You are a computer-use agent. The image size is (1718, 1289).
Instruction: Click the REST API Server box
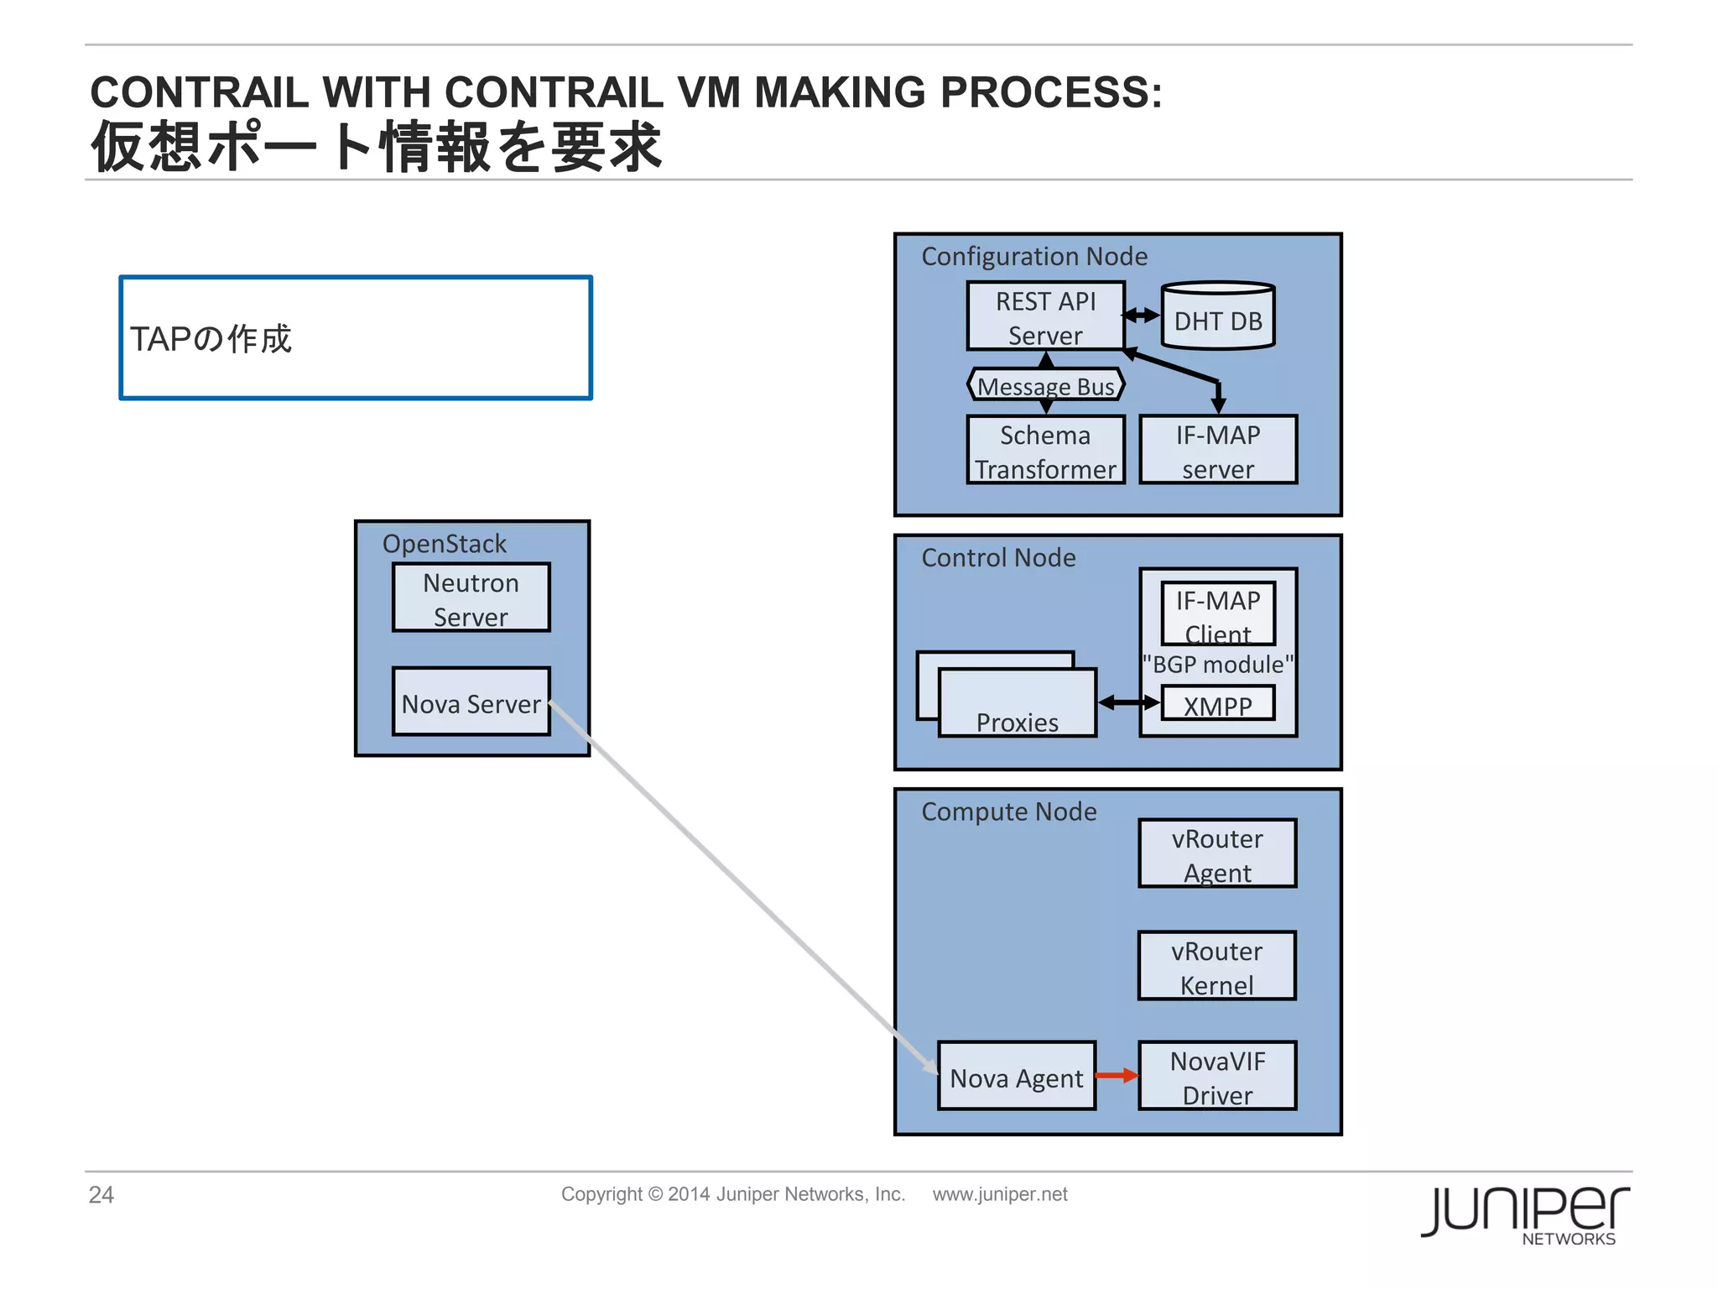tap(1045, 316)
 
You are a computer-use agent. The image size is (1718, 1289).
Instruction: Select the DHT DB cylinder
tap(1217, 317)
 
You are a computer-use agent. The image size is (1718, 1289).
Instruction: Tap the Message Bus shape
tap(1045, 386)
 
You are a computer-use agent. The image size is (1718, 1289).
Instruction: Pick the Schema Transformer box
tap(1045, 451)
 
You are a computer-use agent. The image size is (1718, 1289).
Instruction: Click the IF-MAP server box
tap(1217, 451)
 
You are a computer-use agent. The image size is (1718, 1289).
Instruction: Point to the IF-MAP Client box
tap(1217, 613)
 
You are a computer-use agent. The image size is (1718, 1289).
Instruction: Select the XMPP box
tap(1217, 704)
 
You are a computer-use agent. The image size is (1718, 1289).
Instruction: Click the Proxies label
tap(1017, 722)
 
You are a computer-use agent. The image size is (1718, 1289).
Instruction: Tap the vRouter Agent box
tap(1217, 853)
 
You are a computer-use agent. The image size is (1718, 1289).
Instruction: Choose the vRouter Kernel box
tap(1216, 966)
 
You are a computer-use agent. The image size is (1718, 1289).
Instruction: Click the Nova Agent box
tap(1016, 1077)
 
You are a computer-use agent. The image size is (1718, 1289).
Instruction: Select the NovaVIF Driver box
tap(1217, 1077)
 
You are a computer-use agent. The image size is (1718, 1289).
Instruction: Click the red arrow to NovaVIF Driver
tap(1117, 1076)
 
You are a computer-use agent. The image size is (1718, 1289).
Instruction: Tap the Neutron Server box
tap(471, 598)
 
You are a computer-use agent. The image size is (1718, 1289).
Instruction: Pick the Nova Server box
tap(471, 702)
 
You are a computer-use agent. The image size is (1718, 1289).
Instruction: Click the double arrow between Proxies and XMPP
tap(1128, 703)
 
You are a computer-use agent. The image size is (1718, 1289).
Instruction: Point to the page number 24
tap(102, 1194)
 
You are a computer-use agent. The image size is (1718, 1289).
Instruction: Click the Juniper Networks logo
tap(1524, 1214)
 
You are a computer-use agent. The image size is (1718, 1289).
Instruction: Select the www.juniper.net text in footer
tap(1000, 1194)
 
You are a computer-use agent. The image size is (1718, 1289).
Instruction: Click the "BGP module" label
tap(1217, 665)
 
